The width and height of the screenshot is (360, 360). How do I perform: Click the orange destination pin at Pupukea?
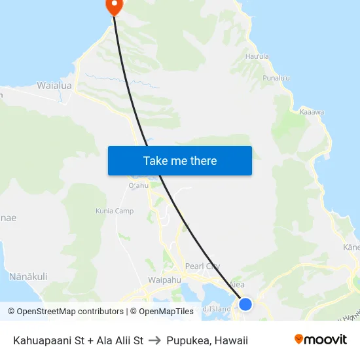coord(114,6)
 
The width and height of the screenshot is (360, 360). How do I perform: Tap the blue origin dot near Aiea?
coord(245,304)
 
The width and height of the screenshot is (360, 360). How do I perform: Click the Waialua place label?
coord(54,85)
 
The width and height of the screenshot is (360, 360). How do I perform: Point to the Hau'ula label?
coord(257,56)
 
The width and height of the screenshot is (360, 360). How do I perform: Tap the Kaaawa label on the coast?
coord(312,112)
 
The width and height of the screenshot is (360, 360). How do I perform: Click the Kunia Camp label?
coord(115,211)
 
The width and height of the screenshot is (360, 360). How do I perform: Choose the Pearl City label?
coord(202,266)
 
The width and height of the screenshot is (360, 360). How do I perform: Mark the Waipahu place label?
coord(164,279)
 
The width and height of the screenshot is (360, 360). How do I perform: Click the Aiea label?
coord(236,285)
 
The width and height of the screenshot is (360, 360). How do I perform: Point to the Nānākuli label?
coord(28,277)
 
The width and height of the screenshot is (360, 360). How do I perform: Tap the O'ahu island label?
coord(139,186)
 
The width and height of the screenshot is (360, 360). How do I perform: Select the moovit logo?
coord(321,340)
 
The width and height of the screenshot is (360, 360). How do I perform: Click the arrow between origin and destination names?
coord(155,340)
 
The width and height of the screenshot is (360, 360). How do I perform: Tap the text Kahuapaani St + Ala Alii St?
coord(79,340)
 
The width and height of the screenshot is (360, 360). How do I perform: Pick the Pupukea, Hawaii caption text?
coord(207,340)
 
